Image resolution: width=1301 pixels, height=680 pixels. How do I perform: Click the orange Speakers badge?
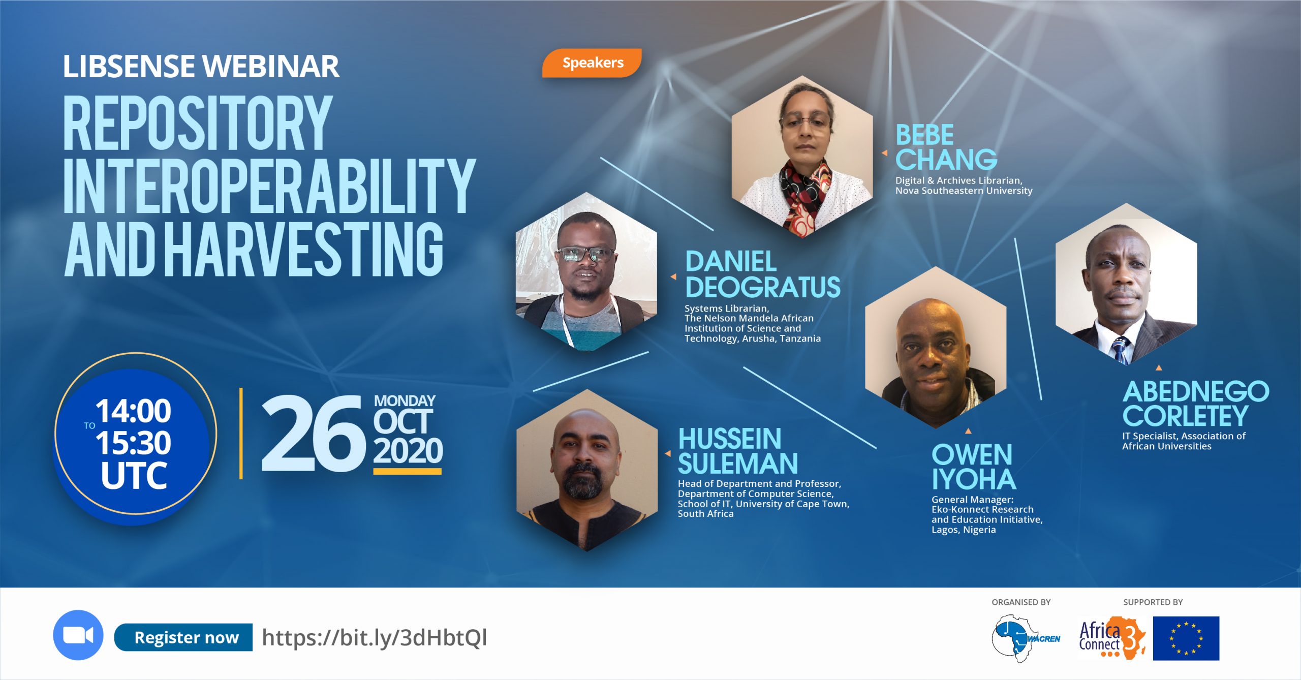(592, 63)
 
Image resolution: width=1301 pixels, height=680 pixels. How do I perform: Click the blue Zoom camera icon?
(78, 635)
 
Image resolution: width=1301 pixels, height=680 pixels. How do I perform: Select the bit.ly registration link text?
(375, 637)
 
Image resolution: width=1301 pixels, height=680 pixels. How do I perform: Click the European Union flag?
(1186, 638)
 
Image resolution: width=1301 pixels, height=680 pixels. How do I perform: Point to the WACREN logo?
(1026, 638)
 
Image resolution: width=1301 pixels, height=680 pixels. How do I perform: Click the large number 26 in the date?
(313, 434)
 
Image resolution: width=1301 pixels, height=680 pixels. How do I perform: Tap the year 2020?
(408, 450)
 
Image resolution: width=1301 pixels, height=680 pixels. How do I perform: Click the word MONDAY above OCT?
(405, 401)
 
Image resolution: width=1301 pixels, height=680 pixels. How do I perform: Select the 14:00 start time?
(133, 411)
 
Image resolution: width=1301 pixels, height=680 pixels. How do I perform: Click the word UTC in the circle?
(134, 476)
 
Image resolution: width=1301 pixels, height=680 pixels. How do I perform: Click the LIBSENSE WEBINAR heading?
(201, 67)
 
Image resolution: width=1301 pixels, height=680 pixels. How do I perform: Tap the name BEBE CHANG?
(946, 147)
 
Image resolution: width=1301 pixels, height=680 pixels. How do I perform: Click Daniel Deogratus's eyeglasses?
(585, 254)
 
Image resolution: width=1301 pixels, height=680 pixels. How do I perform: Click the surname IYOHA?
(974, 479)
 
